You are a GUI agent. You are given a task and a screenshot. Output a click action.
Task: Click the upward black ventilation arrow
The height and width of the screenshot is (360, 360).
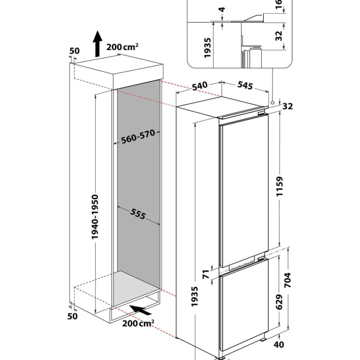[98, 44]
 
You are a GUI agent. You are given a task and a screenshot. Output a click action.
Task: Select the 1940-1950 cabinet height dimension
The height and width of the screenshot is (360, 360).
[95, 217]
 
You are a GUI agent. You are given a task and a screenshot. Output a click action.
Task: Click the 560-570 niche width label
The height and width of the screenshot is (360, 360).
[138, 137]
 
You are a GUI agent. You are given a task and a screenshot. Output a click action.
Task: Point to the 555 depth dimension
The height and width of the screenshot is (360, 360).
[138, 214]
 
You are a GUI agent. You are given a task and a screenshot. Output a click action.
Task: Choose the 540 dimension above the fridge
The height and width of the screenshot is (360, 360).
[200, 86]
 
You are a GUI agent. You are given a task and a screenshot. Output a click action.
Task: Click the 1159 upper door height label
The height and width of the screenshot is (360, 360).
[280, 186]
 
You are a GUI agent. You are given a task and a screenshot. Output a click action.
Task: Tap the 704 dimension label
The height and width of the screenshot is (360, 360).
[288, 280]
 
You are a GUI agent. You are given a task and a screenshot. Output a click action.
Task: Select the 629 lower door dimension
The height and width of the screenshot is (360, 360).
[279, 302]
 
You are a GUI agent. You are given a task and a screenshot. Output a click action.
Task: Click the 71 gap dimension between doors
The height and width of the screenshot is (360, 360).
[206, 274]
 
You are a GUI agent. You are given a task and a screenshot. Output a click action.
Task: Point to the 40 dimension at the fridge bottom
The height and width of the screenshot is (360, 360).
[279, 344]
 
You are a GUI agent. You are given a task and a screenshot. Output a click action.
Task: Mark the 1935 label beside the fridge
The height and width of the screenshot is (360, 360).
[194, 296]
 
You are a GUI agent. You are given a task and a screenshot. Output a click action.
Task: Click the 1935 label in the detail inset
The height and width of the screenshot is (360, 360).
[207, 48]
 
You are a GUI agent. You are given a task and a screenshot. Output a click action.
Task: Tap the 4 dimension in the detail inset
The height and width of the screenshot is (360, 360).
[222, 10]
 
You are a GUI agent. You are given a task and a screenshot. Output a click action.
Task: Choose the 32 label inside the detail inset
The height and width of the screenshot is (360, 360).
[278, 36]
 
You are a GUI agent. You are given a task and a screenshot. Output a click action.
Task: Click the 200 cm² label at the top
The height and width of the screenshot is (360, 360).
[122, 47]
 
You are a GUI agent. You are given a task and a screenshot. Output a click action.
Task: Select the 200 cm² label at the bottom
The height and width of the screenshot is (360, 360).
[138, 323]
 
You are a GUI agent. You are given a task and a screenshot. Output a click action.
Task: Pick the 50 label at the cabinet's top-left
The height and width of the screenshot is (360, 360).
[75, 51]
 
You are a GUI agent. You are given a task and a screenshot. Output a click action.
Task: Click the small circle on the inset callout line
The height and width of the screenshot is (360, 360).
[273, 102]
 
